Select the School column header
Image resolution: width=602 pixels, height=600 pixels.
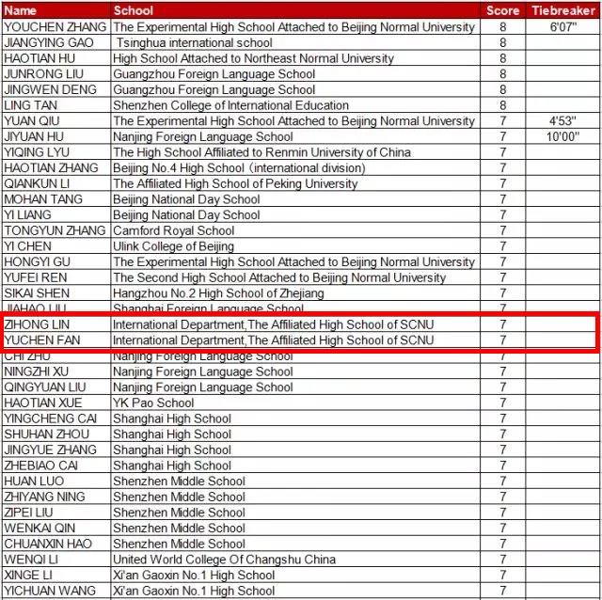point(134,10)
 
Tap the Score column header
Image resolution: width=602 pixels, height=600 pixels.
point(502,10)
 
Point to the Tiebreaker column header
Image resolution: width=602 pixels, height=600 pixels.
point(562,10)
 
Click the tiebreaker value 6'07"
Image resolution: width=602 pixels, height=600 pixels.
point(562,27)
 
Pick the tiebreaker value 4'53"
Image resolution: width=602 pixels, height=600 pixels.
point(562,121)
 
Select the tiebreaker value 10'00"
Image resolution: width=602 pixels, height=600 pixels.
point(562,136)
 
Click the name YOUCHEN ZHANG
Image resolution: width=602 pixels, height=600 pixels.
point(55,27)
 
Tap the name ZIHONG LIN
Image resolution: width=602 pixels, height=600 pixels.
point(38,324)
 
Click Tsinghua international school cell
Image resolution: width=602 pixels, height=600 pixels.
point(195,42)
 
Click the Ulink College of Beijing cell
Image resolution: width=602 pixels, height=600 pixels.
point(173,246)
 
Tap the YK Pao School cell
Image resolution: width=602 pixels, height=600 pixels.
point(153,403)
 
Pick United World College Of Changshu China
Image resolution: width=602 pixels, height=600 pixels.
point(224,560)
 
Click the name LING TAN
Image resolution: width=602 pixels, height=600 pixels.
point(32,105)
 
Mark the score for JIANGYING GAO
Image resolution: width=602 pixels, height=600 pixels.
point(502,42)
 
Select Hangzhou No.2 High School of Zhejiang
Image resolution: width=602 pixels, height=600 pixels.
point(218,293)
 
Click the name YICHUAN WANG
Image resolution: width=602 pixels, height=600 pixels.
point(50,591)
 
